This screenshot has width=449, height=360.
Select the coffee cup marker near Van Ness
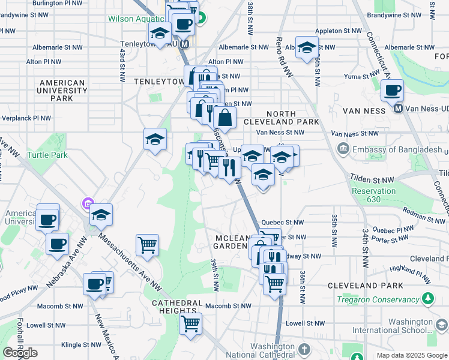(x=392, y=91)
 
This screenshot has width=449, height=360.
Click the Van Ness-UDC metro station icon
(x=397, y=108)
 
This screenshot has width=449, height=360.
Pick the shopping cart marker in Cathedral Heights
(x=191, y=325)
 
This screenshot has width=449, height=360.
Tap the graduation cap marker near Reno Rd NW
(x=307, y=48)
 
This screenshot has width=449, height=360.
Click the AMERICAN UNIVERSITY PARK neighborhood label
(x=62, y=91)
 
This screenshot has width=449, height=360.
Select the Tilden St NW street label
(x=372, y=179)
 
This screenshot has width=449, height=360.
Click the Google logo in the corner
(x=20, y=352)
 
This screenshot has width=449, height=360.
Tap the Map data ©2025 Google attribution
(x=411, y=355)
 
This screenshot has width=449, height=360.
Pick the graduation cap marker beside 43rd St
(x=155, y=140)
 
